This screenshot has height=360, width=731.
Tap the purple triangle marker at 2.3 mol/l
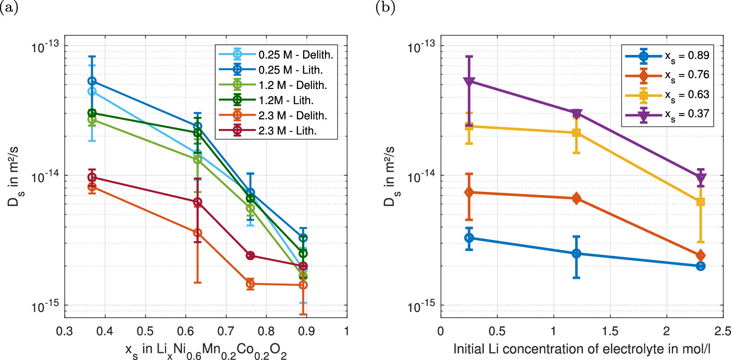700,178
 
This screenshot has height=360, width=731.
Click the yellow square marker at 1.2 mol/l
576,133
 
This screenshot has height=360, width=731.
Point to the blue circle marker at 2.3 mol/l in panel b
700,266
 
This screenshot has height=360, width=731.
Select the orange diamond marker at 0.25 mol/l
469,192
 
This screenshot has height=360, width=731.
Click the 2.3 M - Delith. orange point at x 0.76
250,284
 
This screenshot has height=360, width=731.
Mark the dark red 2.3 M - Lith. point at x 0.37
92,177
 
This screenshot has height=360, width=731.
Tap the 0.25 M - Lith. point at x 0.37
92,81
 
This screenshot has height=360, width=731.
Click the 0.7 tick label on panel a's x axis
226,332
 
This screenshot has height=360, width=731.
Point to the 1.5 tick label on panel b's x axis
610,332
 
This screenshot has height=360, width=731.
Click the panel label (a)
9,8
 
